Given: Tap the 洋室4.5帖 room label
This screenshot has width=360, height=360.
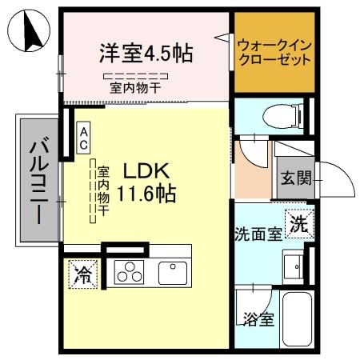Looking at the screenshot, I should click(145, 54).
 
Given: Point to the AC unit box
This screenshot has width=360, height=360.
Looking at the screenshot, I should click(82, 138).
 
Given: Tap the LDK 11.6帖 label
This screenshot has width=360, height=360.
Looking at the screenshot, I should click(147, 183).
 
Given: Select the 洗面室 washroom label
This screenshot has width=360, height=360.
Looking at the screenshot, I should click(258, 234).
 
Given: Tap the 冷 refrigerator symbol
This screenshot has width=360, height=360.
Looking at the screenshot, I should click(82, 274).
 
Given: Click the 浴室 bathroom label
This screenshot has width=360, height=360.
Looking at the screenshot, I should click(258, 319).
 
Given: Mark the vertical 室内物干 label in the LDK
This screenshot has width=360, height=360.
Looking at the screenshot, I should click(102, 193).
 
